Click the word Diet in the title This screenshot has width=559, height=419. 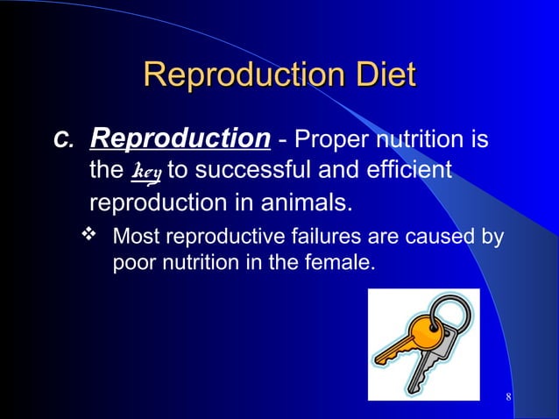tap(380, 75)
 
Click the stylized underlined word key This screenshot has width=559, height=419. tap(145, 171)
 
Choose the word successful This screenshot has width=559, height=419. tap(258, 170)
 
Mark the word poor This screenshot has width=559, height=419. tap(133, 261)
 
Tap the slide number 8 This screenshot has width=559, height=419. tap(509, 400)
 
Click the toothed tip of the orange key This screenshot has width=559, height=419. tap(384, 357)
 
